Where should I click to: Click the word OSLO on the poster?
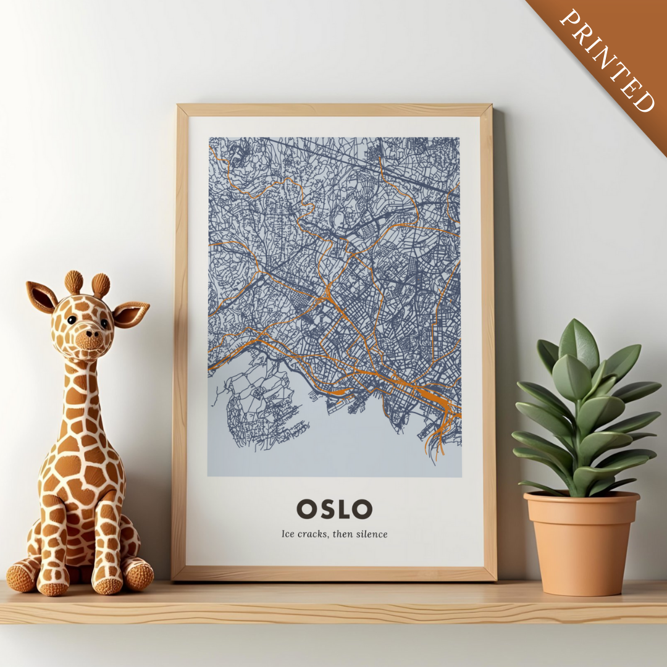334,509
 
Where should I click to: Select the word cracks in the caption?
314,534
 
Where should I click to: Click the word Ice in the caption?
288,534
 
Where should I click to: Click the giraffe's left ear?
41,296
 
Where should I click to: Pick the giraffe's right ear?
132,314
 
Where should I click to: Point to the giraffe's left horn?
73,282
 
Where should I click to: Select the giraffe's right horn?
101,285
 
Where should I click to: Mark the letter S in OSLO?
325,509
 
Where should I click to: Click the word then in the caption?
343,534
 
